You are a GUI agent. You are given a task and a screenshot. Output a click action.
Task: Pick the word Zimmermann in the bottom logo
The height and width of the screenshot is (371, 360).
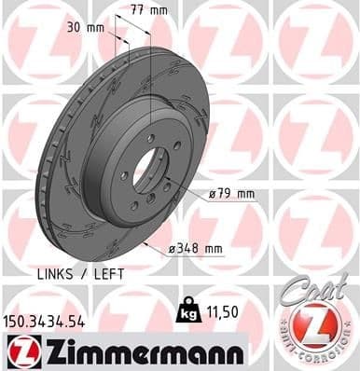coord(139,351)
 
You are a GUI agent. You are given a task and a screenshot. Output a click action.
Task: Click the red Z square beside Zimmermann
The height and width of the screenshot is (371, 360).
coord(19,351)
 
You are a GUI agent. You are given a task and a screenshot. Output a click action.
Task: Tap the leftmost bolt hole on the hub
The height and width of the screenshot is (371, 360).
coord(123,177)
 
